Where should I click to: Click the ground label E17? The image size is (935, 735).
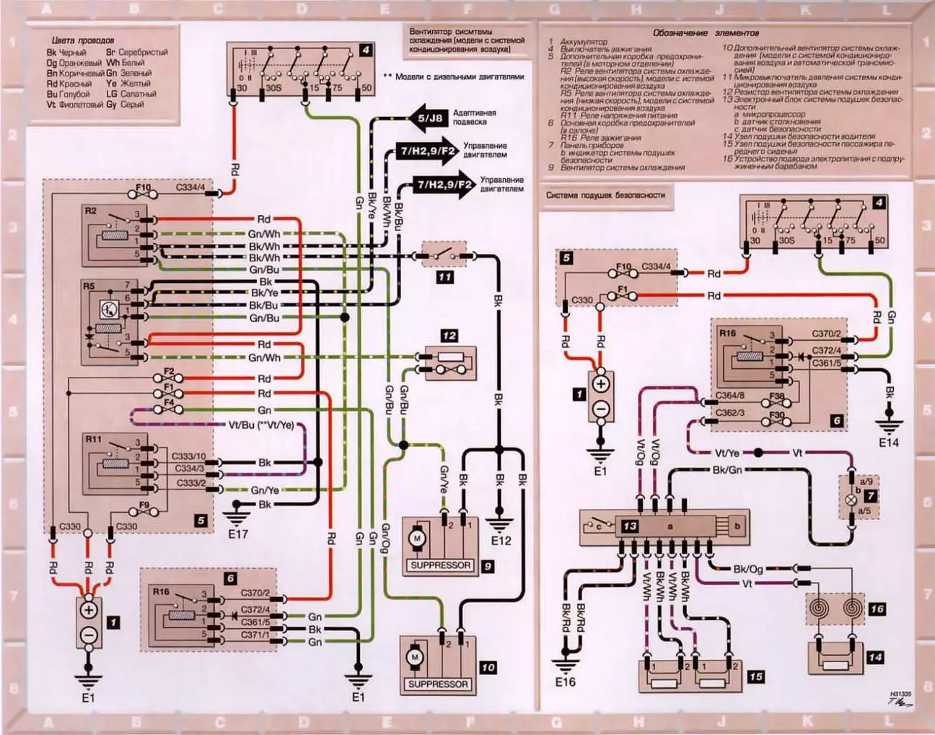tap(237, 534)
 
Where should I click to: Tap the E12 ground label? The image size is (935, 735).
tap(501, 540)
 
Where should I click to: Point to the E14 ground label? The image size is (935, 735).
tap(889, 443)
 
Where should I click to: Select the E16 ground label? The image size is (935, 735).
tap(566, 681)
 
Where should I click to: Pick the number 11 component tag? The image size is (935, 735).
tap(446, 277)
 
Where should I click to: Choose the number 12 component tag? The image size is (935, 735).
tap(449, 336)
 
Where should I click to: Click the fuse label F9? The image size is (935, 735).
tap(144, 505)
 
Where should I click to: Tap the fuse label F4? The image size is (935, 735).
tap(168, 402)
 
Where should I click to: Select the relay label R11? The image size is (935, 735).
tap(94, 439)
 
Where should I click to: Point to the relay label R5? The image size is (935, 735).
tap(89, 287)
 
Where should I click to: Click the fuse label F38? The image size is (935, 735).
tap(776, 397)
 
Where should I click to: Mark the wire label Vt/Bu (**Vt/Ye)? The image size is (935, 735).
tap(261, 425)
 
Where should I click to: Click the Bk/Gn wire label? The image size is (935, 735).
tap(727, 470)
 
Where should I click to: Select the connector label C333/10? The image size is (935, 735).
tap(188, 456)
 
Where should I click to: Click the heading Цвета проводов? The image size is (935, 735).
tap(83, 40)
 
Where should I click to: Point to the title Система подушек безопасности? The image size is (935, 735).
tap(605, 195)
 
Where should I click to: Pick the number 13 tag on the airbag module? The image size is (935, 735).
tap(630, 526)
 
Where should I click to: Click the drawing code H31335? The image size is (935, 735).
tap(900, 694)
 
